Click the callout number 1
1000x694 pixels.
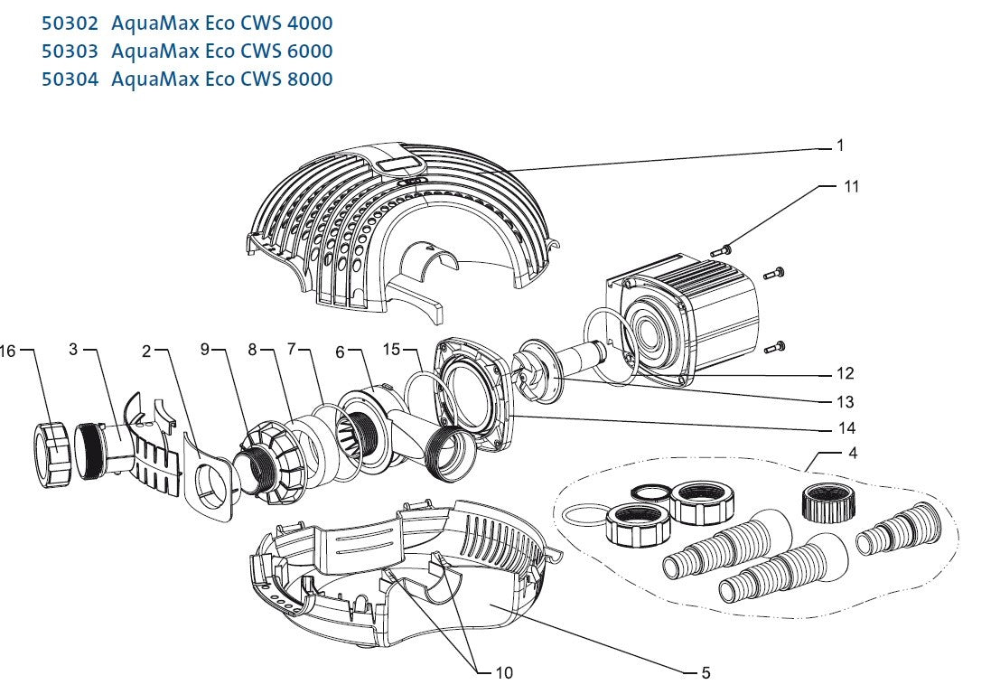839,145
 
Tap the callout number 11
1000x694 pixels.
851,186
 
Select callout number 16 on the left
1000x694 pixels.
8,351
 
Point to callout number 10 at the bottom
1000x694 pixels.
504,672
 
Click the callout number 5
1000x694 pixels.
705,672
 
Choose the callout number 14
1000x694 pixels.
846,428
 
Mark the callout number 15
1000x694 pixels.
390,350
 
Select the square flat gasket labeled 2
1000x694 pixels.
213,479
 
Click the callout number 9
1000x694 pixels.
205,350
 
